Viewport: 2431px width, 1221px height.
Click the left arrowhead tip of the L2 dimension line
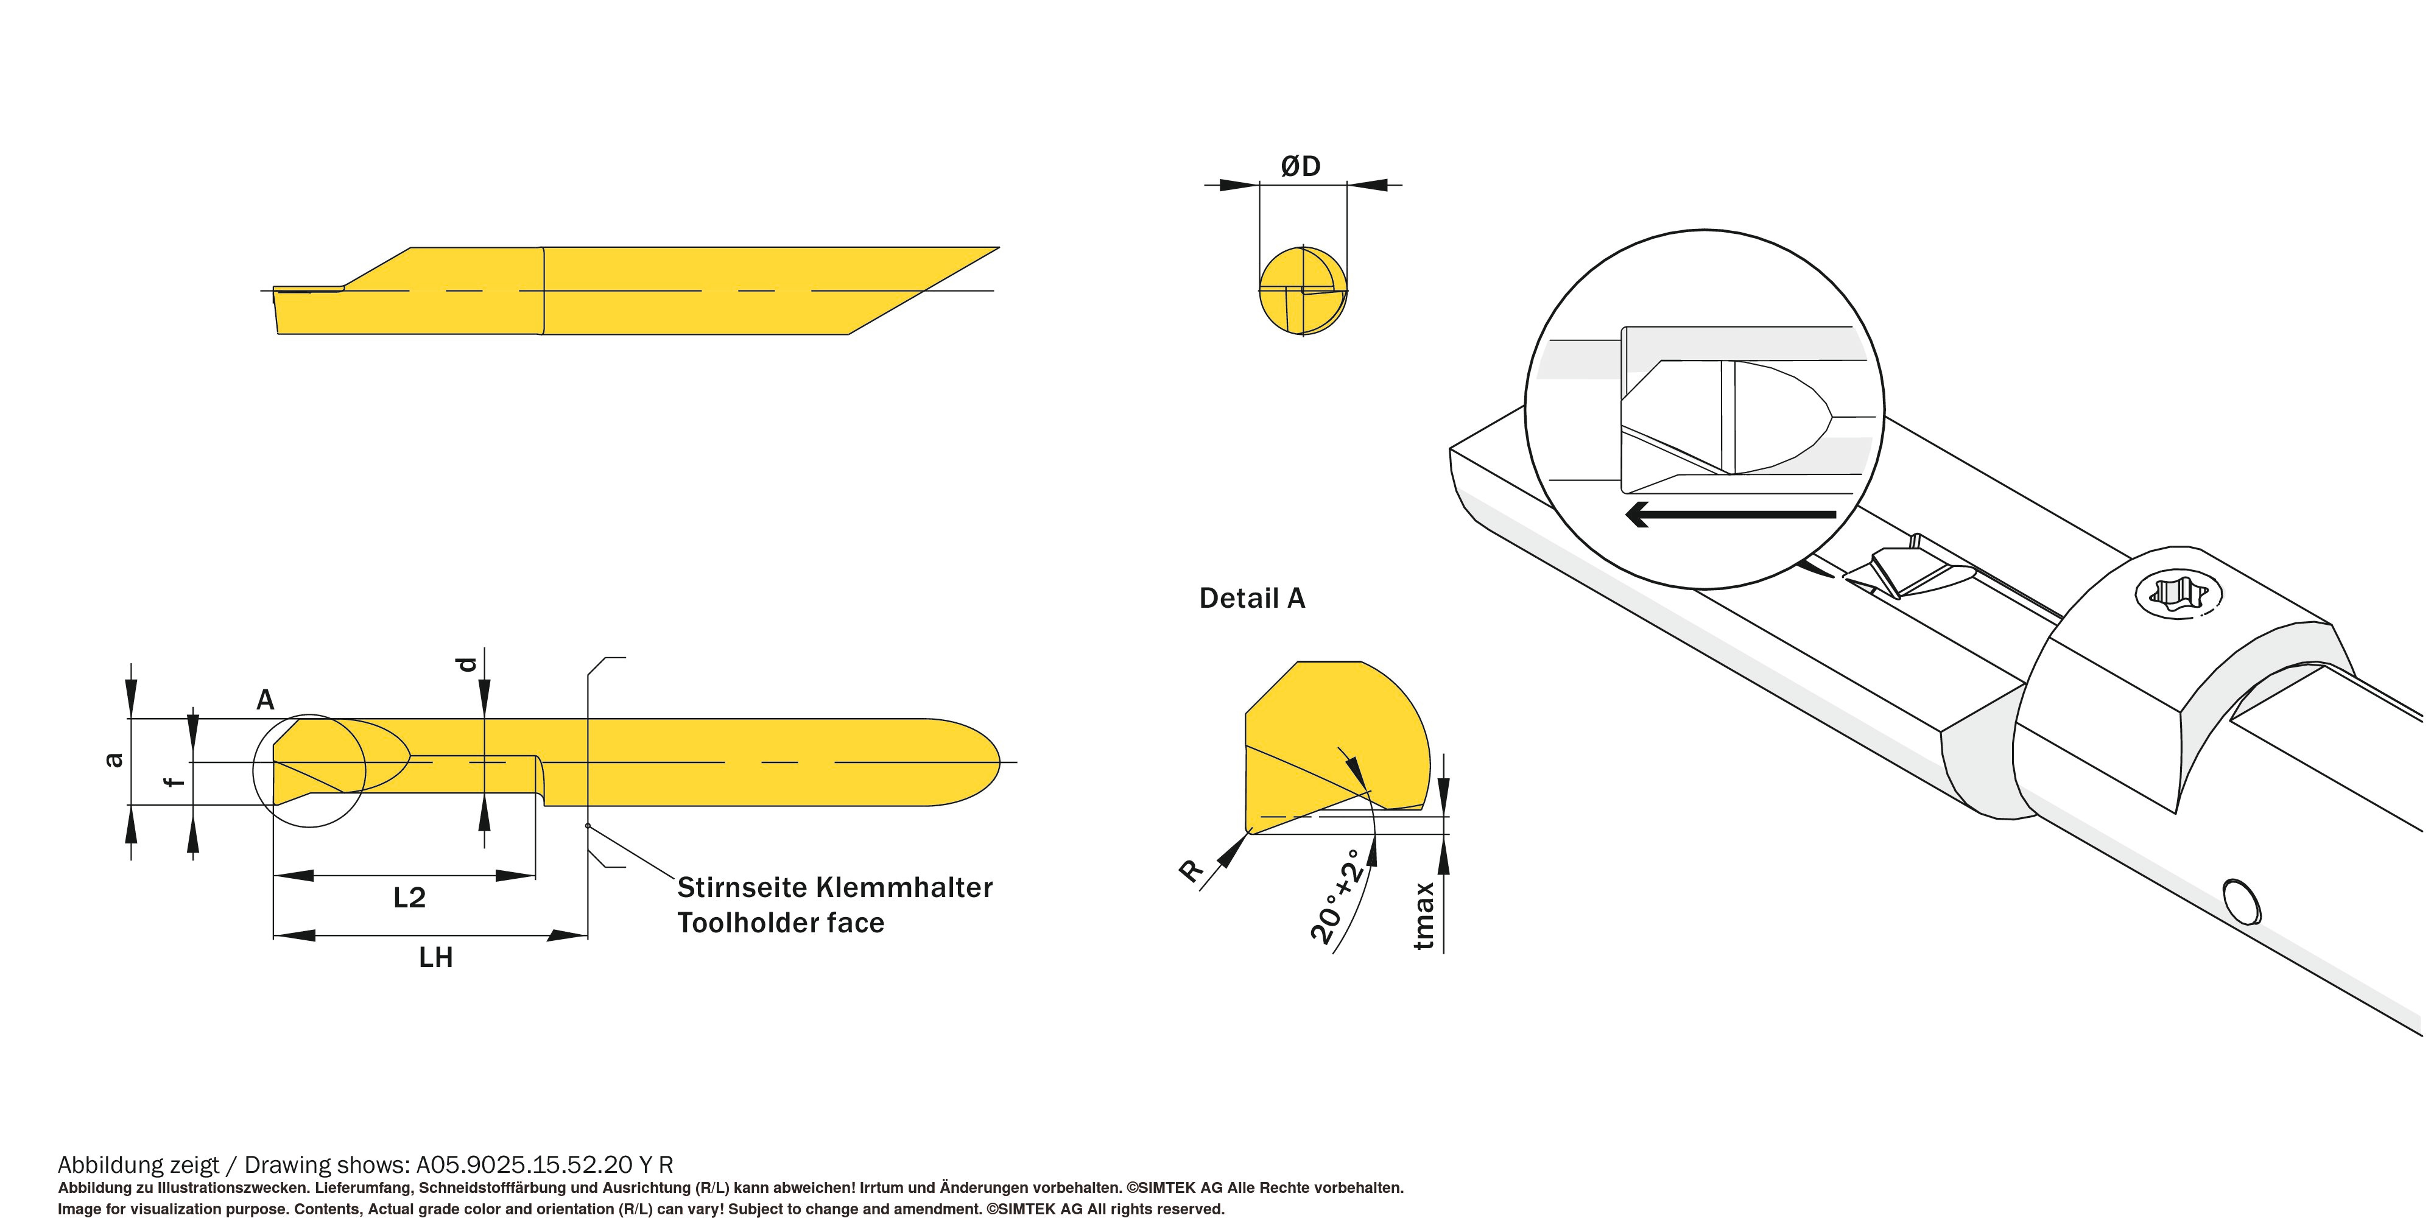273,876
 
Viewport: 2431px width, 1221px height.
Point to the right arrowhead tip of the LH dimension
587,936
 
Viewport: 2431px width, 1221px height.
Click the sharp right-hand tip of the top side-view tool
999,247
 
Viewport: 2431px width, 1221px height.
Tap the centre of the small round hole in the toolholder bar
2242,901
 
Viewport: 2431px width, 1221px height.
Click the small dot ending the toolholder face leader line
588,826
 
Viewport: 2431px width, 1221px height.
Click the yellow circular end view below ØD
1303,290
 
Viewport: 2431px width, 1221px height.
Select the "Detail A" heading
1251,598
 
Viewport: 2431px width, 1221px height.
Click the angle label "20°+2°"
1336,895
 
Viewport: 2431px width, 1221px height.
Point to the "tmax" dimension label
1424,915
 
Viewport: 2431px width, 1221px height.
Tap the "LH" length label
436,958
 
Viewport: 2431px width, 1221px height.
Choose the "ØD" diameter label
1300,166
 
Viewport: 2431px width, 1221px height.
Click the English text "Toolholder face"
781,923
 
